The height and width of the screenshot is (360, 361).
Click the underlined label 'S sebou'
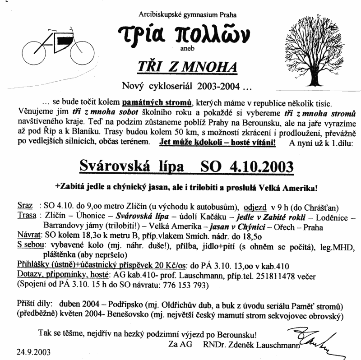(x=31, y=245)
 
